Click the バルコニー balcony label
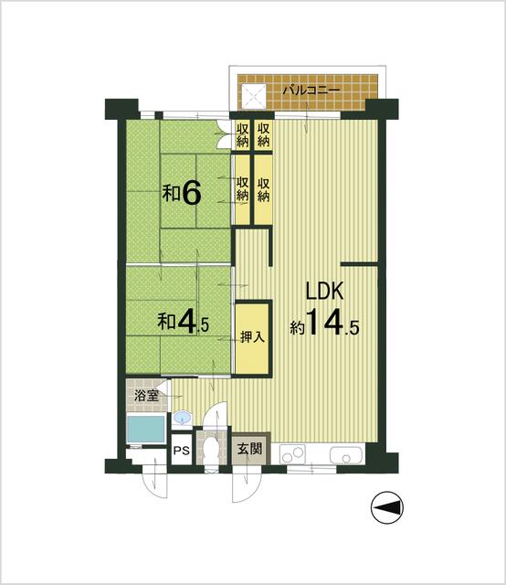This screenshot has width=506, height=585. pyautogui.click(x=311, y=91)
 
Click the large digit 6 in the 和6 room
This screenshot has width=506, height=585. pyautogui.click(x=191, y=193)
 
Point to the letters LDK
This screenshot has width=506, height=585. pyautogui.click(x=323, y=292)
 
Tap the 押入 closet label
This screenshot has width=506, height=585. pyautogui.click(x=253, y=336)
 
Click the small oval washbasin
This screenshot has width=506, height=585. pyautogui.click(x=183, y=419)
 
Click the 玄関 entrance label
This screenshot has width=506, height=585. pyautogui.click(x=248, y=450)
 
